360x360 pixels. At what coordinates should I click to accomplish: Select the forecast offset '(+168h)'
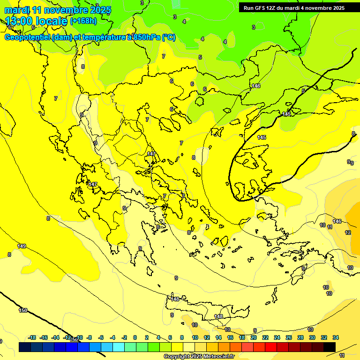[x=83, y=21]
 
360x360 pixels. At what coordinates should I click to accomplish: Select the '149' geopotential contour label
[x=22, y=246]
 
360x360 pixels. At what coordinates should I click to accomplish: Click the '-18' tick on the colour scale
[x=32, y=337]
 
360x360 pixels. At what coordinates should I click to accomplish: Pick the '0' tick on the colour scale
[x=135, y=337]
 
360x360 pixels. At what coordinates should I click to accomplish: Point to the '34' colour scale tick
[x=336, y=337]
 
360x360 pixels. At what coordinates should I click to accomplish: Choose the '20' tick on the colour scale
[x=254, y=337]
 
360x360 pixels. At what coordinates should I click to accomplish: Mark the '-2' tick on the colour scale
[x=124, y=337]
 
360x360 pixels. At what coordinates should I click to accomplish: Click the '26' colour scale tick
[x=289, y=337]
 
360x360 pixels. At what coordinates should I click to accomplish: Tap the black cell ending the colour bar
[x=330, y=347]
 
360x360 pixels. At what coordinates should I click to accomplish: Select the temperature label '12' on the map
[x=348, y=232]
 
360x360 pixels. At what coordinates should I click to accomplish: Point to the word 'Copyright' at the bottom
[x=177, y=357]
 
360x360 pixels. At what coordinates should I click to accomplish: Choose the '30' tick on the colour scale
[x=312, y=337]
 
